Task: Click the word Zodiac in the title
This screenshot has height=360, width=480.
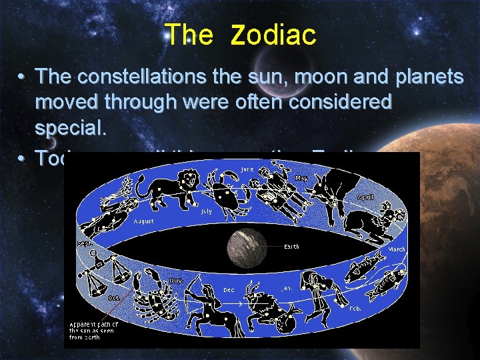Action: [x=273, y=35]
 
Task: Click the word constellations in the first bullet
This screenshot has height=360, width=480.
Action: [x=143, y=77]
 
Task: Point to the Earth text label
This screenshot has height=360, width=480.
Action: [x=291, y=247]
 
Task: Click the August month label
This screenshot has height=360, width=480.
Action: [x=144, y=220]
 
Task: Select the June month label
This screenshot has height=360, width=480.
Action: [x=247, y=169]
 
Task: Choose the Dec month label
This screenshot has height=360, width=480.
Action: [x=229, y=290]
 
